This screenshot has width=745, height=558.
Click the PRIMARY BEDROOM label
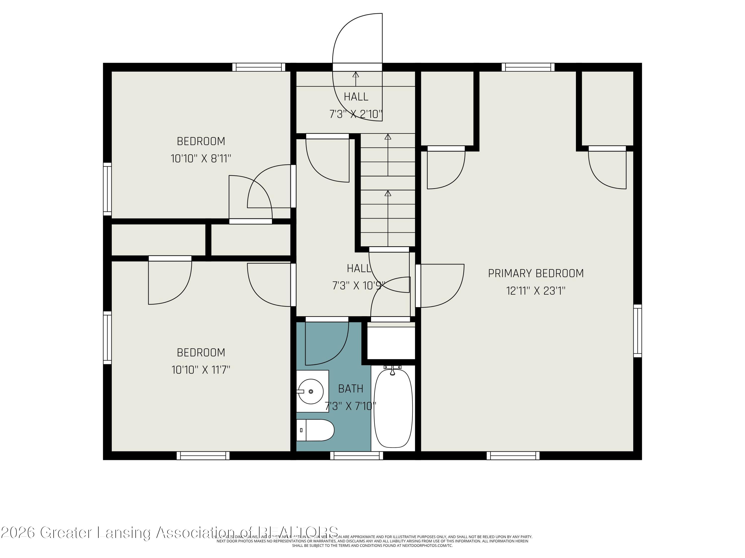[535, 273]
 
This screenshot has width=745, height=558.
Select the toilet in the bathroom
[315, 430]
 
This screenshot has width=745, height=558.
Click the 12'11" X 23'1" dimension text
[535, 291]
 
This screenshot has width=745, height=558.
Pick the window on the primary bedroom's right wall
[637, 331]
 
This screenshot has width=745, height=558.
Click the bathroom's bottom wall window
[356, 455]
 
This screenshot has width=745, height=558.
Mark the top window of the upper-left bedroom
[259, 67]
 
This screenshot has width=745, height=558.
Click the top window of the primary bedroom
[528, 67]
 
